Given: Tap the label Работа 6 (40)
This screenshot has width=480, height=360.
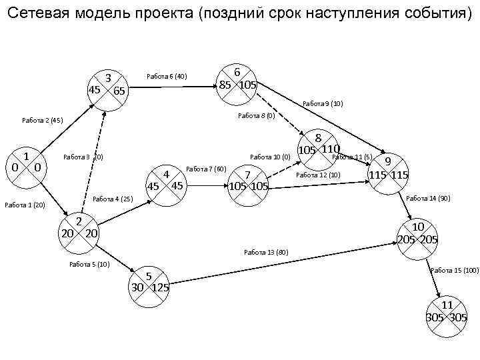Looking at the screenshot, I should coord(166,77).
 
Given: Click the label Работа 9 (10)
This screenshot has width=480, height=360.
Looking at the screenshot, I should coord(323,103).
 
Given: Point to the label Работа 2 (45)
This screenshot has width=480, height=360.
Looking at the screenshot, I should coord(42,121).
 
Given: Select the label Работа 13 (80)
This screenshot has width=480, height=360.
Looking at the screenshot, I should coord(266,252).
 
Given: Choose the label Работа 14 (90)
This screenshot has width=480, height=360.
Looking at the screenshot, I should coord(428,198).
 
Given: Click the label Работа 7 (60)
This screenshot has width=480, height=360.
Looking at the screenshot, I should coord(207,169).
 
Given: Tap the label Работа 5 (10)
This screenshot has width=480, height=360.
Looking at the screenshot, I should coord(89,265).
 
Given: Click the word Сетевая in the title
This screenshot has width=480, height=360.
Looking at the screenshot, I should coord(37,13).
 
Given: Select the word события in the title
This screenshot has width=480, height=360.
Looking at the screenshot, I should coord(437,13).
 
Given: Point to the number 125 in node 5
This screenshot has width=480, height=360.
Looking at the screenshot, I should coord(160,289).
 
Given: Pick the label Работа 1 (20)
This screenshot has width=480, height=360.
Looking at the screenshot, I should coord(24,205).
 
